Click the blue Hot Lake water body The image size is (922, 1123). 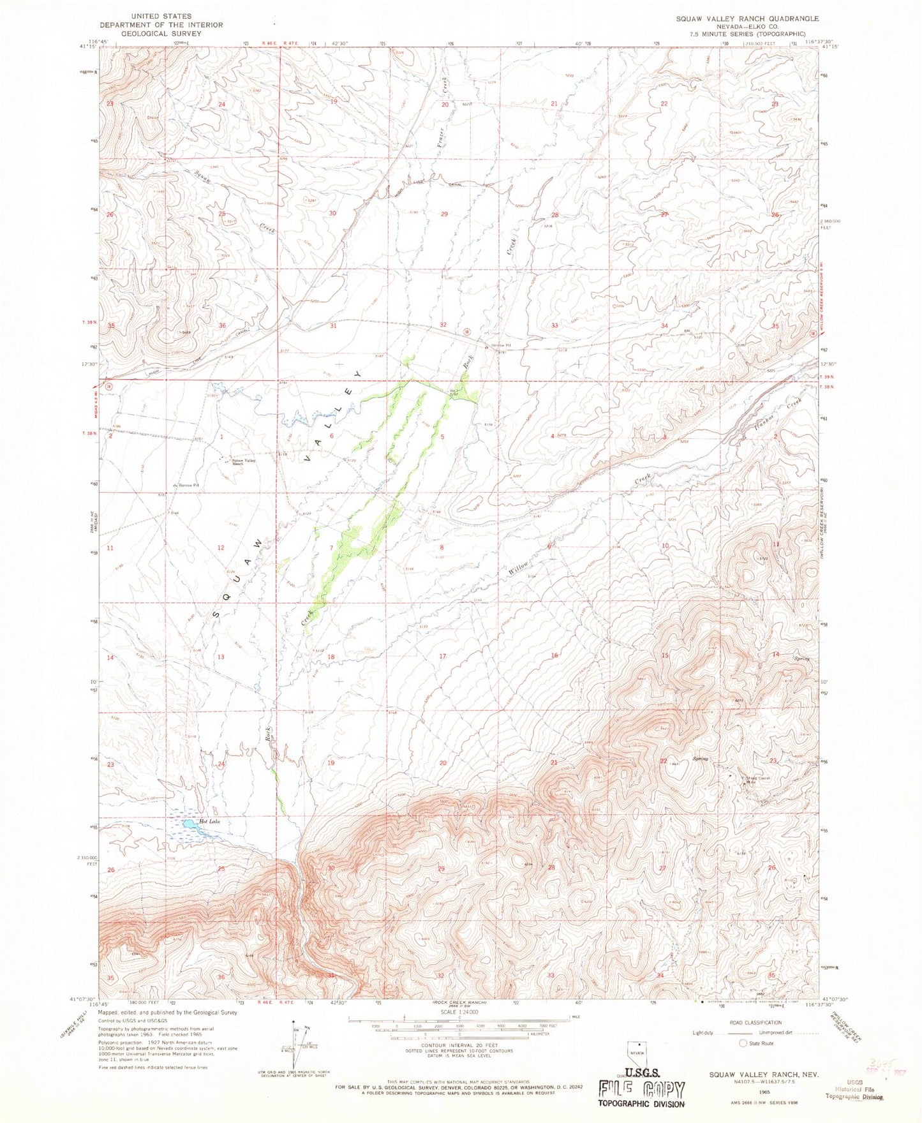pos(190,824)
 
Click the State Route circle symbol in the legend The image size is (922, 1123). pos(742,1061)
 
